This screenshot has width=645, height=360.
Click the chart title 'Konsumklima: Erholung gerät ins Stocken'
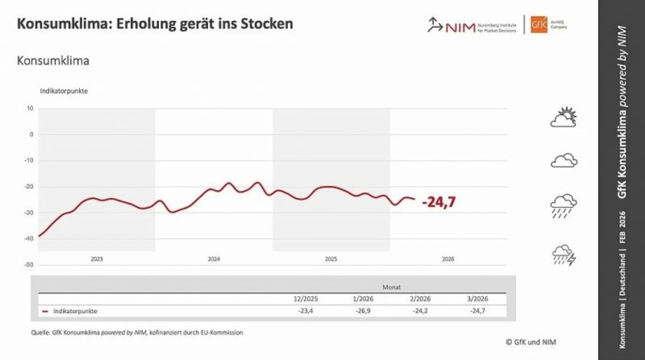(154, 24)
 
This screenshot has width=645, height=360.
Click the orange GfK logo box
(534, 25)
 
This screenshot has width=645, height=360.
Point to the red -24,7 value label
(439, 202)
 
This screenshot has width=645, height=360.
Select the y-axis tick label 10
(30, 108)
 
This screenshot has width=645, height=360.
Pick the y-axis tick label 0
(31, 134)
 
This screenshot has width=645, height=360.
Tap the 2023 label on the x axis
(97, 259)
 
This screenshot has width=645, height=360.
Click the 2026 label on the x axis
(448, 259)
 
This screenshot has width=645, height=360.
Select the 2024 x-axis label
(214, 259)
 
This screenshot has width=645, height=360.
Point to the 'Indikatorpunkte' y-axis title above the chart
(64, 91)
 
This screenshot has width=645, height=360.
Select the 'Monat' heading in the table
(391, 286)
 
